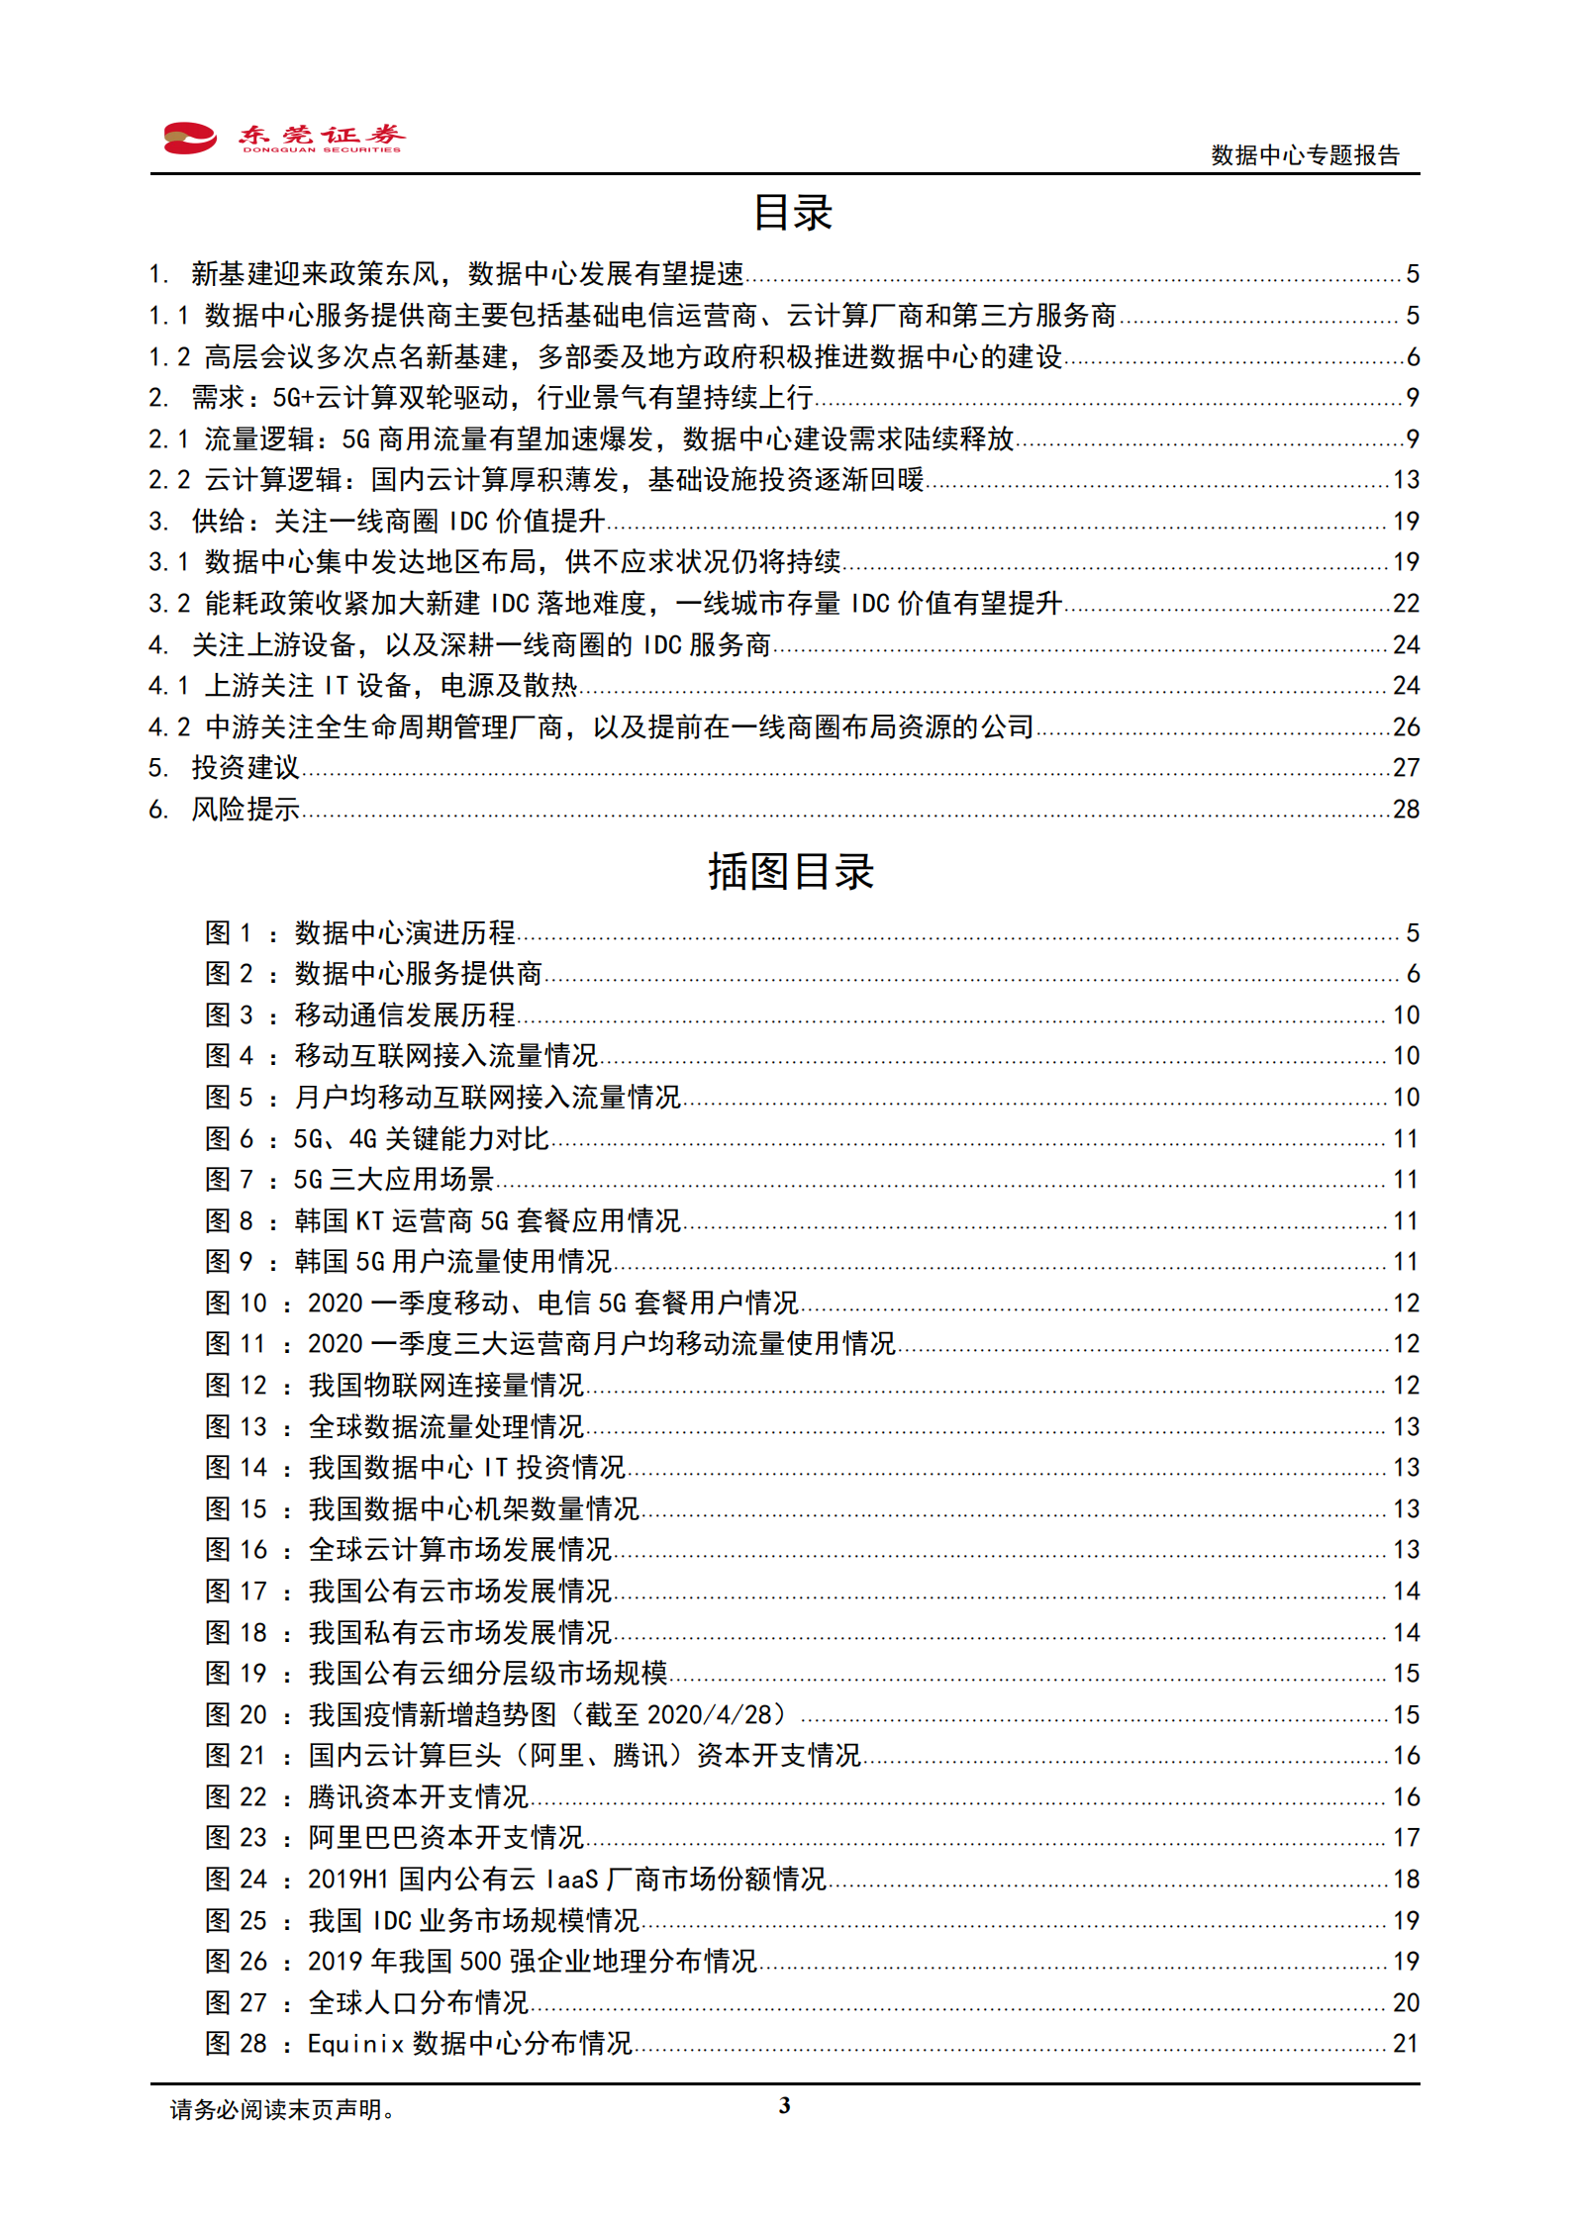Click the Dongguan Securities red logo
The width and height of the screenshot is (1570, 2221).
pyautogui.click(x=190, y=138)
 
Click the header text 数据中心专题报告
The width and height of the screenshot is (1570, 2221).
pyautogui.click(x=1305, y=155)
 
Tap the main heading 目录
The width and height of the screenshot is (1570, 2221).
pyautogui.click(x=792, y=213)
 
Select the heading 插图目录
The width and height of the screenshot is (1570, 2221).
pyautogui.click(x=790, y=872)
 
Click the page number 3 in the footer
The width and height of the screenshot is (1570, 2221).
pyautogui.click(x=785, y=2105)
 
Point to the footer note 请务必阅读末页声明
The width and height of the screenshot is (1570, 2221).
pyautogui.click(x=282, y=2109)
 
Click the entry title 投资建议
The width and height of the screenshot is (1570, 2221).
pyautogui.click(x=245, y=768)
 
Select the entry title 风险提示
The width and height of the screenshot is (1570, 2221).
pyautogui.click(x=245, y=810)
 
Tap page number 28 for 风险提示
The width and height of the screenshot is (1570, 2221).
pyautogui.click(x=1406, y=810)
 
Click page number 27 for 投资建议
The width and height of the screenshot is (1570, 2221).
pyautogui.click(x=1406, y=768)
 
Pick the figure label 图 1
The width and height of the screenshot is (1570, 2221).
pyautogui.click(x=229, y=932)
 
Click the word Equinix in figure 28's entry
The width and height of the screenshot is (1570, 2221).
pyautogui.click(x=355, y=2044)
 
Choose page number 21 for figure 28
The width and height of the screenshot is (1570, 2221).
pyautogui.click(x=1406, y=2044)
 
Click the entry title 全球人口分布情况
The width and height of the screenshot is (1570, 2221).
pyautogui.click(x=419, y=2002)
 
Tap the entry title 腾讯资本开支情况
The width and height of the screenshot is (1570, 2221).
pyautogui.click(x=419, y=1796)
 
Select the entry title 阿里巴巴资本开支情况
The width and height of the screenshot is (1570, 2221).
pyautogui.click(x=446, y=1838)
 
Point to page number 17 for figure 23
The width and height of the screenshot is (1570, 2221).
pyautogui.click(x=1406, y=1838)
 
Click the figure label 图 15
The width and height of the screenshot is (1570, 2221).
pyautogui.click(x=236, y=1508)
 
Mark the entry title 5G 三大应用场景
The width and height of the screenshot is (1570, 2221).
pyautogui.click(x=394, y=1180)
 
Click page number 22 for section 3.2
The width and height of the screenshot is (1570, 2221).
pyautogui.click(x=1406, y=604)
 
